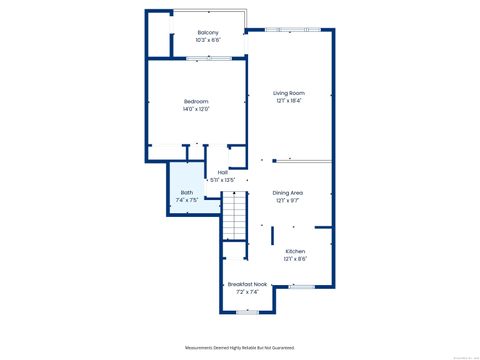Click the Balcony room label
(x=208, y=33)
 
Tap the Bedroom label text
(x=196, y=101)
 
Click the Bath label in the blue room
(x=187, y=192)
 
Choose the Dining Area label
(x=288, y=192)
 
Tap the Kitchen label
(x=295, y=251)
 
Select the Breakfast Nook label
(x=246, y=284)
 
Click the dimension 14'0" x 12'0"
(x=196, y=109)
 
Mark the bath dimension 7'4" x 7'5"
(x=187, y=200)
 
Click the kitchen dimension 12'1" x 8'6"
(x=295, y=259)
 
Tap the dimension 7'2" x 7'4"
(x=246, y=292)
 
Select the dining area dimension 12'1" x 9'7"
(x=288, y=200)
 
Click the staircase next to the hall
(x=233, y=215)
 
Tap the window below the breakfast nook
(x=246, y=311)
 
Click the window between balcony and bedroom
(x=210, y=59)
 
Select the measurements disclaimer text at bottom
(x=240, y=346)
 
